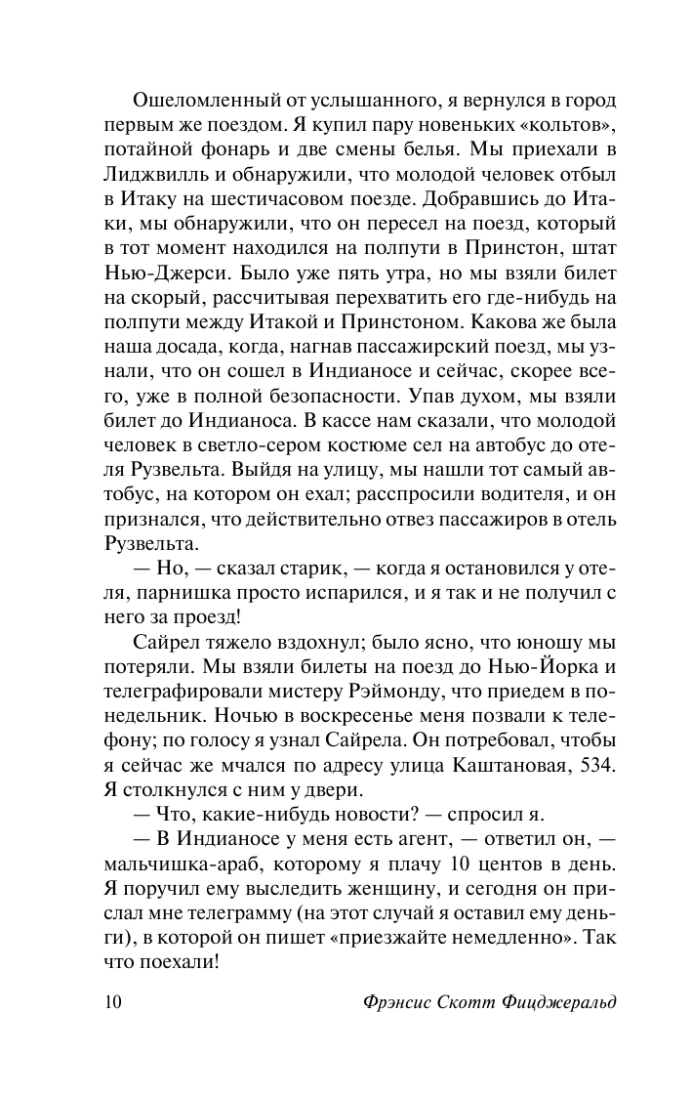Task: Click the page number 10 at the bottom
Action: click(x=110, y=1005)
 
